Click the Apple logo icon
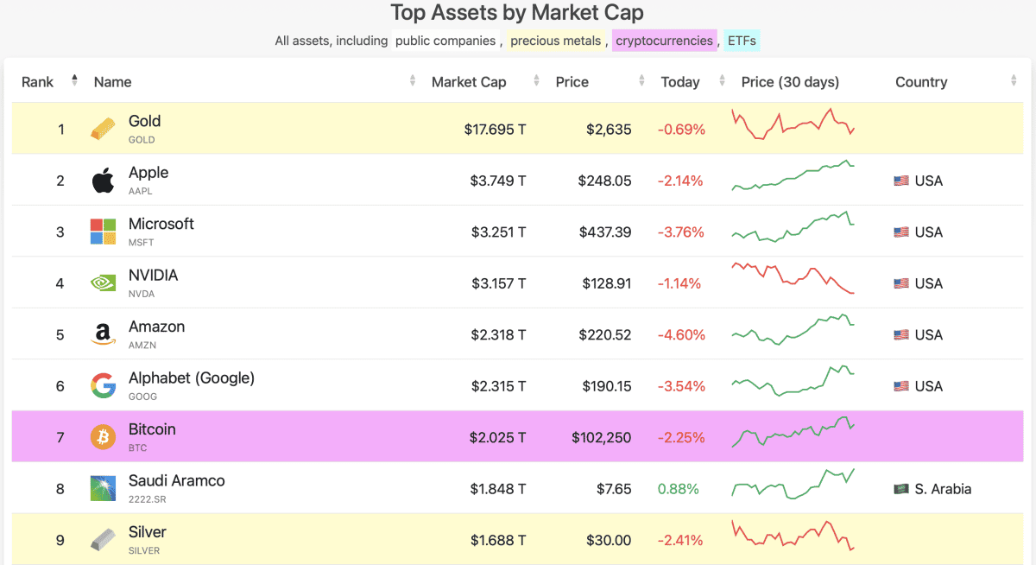pos(103,181)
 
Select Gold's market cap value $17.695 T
pos(495,130)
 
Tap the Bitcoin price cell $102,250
pos(601,438)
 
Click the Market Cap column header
pos(469,82)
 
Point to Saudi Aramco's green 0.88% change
pos(679,489)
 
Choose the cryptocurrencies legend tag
pos(665,41)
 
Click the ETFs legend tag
pos(742,41)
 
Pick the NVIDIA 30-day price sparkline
pos(793,278)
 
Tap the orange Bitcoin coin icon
pos(103,437)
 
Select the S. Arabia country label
pos(943,489)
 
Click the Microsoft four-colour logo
pos(103,232)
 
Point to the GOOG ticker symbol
pos(142,397)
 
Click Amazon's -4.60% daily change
pos(681,335)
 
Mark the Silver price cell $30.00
pos(608,541)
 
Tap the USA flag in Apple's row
pos(901,181)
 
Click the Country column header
pos(921,82)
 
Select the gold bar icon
pos(103,130)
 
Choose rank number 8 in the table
pos(60,489)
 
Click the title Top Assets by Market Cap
pos(517,13)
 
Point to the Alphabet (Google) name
pos(192,378)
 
